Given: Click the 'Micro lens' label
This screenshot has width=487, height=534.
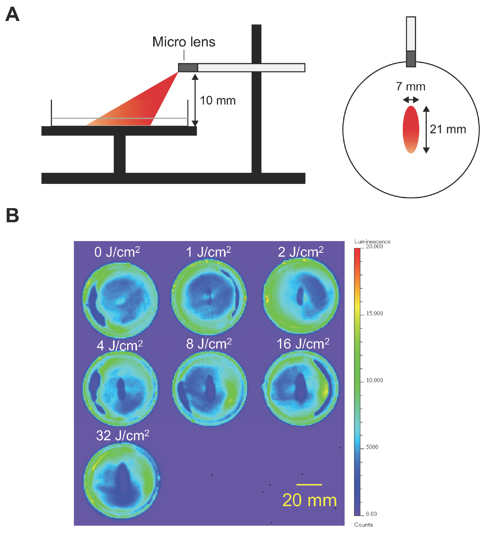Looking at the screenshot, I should pos(184,42).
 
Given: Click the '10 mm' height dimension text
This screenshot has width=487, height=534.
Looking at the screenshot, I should pos(217,101).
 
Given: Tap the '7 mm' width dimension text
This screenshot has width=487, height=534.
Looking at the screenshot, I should pos(410,87).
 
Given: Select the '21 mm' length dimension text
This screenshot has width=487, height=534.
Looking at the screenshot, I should pos(448,129).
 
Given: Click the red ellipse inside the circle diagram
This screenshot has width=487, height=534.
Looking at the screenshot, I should pos(411,129).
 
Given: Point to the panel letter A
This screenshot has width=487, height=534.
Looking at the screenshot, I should pos(13,14).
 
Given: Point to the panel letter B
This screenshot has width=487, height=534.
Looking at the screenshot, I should pos(13,215).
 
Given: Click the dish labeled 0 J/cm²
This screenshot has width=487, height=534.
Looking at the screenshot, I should pos(120,299).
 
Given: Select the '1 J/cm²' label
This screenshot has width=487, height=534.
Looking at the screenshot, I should pos(209,252).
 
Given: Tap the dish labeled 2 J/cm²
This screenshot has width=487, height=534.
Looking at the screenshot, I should pos(301,296).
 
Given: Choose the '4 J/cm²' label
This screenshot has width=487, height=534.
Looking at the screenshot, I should pos(120,346).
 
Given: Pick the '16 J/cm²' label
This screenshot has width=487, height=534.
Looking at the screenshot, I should pos(303,344).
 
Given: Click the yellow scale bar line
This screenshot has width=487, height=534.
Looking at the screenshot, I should pos(309,484).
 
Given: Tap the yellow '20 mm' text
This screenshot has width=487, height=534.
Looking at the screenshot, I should pos(310,500).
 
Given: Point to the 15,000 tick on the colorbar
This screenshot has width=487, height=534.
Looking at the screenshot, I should pos(362,314).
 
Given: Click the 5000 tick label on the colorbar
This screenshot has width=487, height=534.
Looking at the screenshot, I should pos(372,447).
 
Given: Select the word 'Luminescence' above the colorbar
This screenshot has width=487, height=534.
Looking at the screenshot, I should pos(372,241).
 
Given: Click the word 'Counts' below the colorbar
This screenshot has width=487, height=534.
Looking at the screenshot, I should pos(363,524).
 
